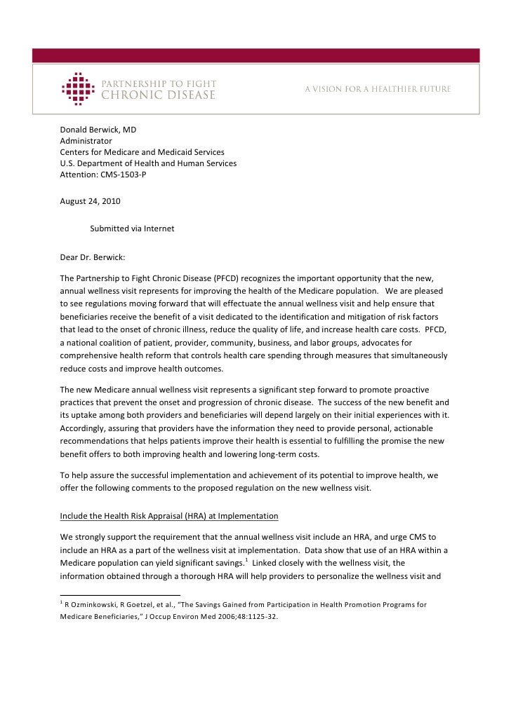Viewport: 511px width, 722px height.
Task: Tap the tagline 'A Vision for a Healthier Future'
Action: pos(377,90)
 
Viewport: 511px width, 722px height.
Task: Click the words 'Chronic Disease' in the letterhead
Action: pos(159,95)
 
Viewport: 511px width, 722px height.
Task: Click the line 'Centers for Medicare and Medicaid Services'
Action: pos(142,152)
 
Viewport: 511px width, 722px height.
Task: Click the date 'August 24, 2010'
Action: pos(90,201)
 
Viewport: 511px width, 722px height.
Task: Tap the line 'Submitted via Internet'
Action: pos(132,229)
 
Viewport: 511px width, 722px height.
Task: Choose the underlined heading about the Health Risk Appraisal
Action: pos(169,517)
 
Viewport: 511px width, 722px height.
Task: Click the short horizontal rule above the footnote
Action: pos(120,594)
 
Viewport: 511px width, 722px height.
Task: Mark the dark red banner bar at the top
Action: pos(255,56)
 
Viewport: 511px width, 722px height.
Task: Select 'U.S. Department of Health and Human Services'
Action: pos(148,163)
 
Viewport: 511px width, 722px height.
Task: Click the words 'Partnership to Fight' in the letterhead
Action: pos(159,83)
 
